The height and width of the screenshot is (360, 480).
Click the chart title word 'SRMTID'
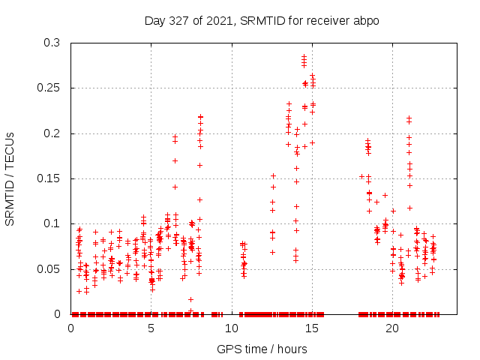(x=259, y=20)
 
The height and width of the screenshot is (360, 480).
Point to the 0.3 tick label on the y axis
(x=53, y=43)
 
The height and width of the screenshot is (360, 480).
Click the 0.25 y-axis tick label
(x=50, y=88)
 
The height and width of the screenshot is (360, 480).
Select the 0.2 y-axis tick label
(x=53, y=133)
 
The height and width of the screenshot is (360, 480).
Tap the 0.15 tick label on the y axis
(x=50, y=178)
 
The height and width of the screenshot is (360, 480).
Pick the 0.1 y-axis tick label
(x=53, y=223)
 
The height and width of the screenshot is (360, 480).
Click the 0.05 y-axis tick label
(x=50, y=268)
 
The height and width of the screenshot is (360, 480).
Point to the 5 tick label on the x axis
(x=151, y=328)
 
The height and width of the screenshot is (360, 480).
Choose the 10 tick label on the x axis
(x=231, y=328)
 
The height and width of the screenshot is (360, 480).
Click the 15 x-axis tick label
(x=311, y=328)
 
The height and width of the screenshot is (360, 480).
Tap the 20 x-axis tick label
(x=391, y=328)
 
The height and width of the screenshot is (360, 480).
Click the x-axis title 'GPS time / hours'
(x=262, y=349)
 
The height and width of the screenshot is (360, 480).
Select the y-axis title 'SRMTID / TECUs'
(x=10, y=178)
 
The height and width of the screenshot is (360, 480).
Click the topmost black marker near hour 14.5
(x=304, y=56)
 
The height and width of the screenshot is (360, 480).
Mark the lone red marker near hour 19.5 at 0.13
(x=385, y=195)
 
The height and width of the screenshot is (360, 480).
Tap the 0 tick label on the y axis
(x=58, y=313)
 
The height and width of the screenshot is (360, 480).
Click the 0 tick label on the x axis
(x=70, y=328)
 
